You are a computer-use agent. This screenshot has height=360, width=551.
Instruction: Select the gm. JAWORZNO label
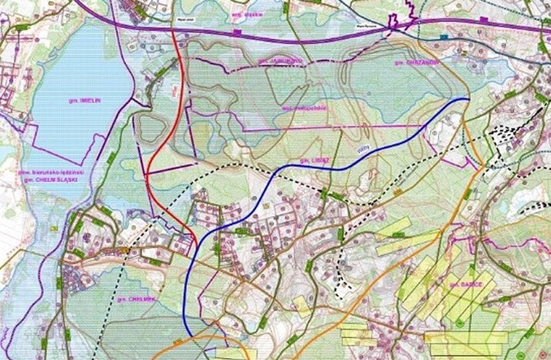point(272,61)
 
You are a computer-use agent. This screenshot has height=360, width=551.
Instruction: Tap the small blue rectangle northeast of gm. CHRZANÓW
point(444,37)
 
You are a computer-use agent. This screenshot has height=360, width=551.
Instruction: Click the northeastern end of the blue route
point(468,98)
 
